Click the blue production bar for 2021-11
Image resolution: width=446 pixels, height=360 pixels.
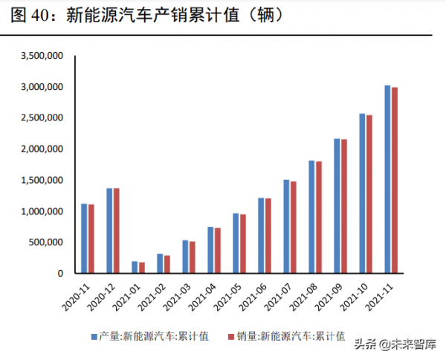(x=387, y=179)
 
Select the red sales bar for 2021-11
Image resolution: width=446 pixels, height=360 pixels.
(x=395, y=181)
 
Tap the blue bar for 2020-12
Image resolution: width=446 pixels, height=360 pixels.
(x=109, y=231)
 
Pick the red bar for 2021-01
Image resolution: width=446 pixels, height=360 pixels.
(x=142, y=268)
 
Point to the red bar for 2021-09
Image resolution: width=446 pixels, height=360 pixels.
(x=343, y=206)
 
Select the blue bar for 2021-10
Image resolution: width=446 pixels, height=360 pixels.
(x=362, y=193)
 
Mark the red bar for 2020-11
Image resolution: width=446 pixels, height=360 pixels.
(x=91, y=239)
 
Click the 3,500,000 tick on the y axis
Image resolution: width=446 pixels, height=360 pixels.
(x=42, y=56)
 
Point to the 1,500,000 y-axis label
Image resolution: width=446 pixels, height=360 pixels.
(x=42, y=180)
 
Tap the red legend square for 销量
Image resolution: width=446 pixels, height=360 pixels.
(x=231, y=336)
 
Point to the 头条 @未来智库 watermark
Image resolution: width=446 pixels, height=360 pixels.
(x=392, y=344)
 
